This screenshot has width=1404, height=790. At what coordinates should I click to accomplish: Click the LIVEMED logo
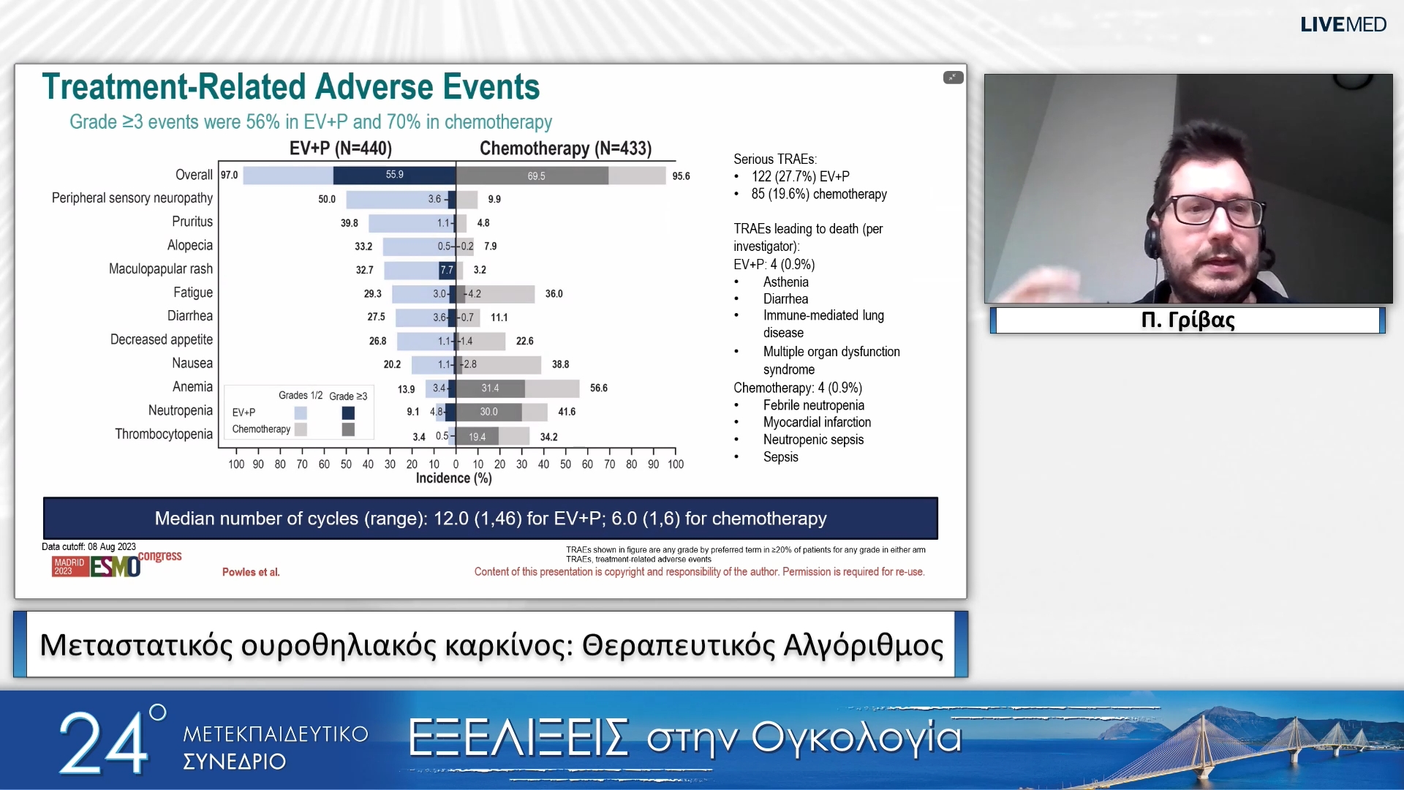pyautogui.click(x=1343, y=25)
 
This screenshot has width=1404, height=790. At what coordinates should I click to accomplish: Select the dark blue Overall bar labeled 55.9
pyautogui.click(x=394, y=175)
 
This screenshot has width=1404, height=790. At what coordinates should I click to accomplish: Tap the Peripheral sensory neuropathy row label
pyautogui.click(x=132, y=198)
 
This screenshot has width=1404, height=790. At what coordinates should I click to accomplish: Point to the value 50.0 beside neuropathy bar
pyautogui.click(x=327, y=199)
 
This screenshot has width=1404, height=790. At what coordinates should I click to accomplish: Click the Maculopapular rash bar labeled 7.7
pyautogui.click(x=447, y=270)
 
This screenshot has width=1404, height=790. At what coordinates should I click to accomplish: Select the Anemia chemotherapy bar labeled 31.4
pyautogui.click(x=490, y=388)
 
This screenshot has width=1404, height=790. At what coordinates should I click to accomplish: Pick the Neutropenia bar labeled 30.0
pyautogui.click(x=488, y=412)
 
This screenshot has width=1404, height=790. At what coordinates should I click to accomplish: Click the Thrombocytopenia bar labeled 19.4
pyautogui.click(x=477, y=437)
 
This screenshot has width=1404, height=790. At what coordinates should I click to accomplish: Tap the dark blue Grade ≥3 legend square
pyautogui.click(x=348, y=413)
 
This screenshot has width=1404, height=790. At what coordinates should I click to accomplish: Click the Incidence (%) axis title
pyautogui.click(x=453, y=478)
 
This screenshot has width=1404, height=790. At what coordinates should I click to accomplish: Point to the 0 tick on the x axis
pyautogui.click(x=456, y=464)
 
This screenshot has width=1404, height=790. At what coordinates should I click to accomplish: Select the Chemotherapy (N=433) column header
pyautogui.click(x=565, y=148)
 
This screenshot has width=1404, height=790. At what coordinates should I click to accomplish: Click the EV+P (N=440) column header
pyautogui.click(x=341, y=148)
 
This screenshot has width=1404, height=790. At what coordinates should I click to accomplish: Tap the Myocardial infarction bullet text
pyautogui.click(x=817, y=422)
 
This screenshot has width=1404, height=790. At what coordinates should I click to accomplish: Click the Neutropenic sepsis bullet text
pyautogui.click(x=813, y=440)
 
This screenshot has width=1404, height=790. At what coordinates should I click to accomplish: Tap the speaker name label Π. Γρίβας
pyautogui.click(x=1188, y=320)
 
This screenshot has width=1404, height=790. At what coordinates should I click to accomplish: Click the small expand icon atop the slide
pyautogui.click(x=953, y=78)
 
